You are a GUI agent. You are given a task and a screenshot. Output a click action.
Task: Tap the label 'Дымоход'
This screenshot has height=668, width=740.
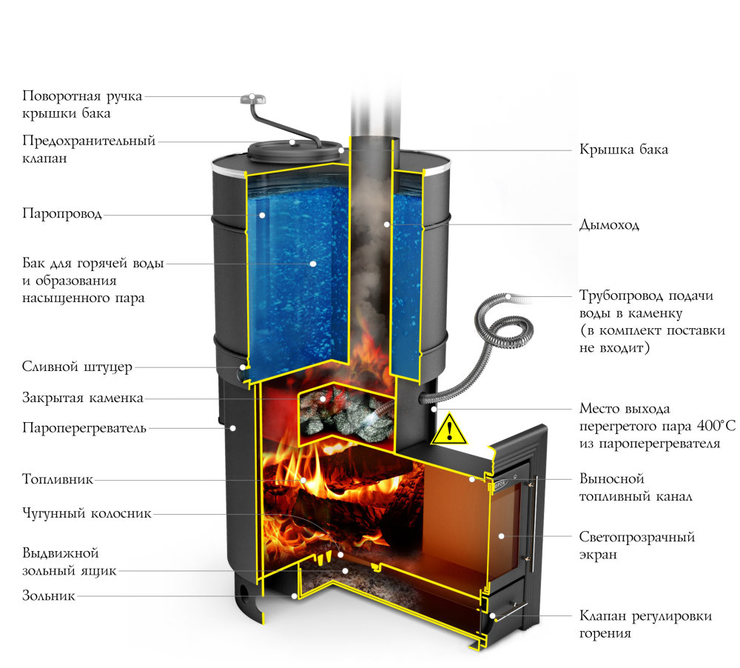pos(609,224)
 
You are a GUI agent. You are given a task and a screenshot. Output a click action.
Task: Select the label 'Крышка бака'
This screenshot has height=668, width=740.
pos(624,150)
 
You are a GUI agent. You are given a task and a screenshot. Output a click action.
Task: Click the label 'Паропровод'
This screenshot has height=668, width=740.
pos(62,215)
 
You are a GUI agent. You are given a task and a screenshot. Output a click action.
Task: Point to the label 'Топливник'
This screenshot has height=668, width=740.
pos(58,479)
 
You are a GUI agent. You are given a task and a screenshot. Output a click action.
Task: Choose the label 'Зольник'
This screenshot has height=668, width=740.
pos(49,595)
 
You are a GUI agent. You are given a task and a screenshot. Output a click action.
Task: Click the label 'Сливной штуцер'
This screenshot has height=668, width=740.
pos(77,367)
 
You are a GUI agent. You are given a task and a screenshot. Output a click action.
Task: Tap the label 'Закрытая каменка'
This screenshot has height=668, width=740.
pos(82,398)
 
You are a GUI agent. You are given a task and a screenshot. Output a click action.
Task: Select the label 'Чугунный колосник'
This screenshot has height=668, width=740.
pos(87,512)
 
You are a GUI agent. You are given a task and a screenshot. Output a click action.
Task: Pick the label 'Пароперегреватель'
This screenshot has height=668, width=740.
pos(84,427)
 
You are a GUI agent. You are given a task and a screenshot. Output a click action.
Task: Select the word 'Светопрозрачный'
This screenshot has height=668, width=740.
pos(637,537)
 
